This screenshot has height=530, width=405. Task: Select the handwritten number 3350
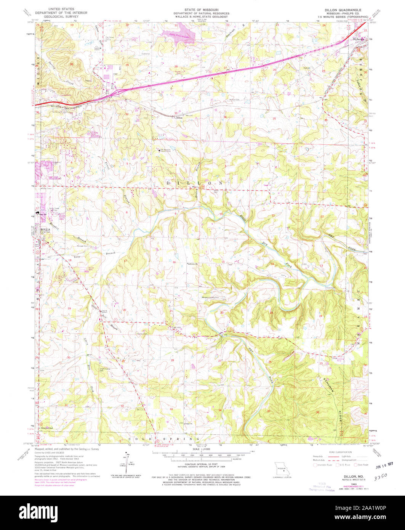[381, 477]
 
